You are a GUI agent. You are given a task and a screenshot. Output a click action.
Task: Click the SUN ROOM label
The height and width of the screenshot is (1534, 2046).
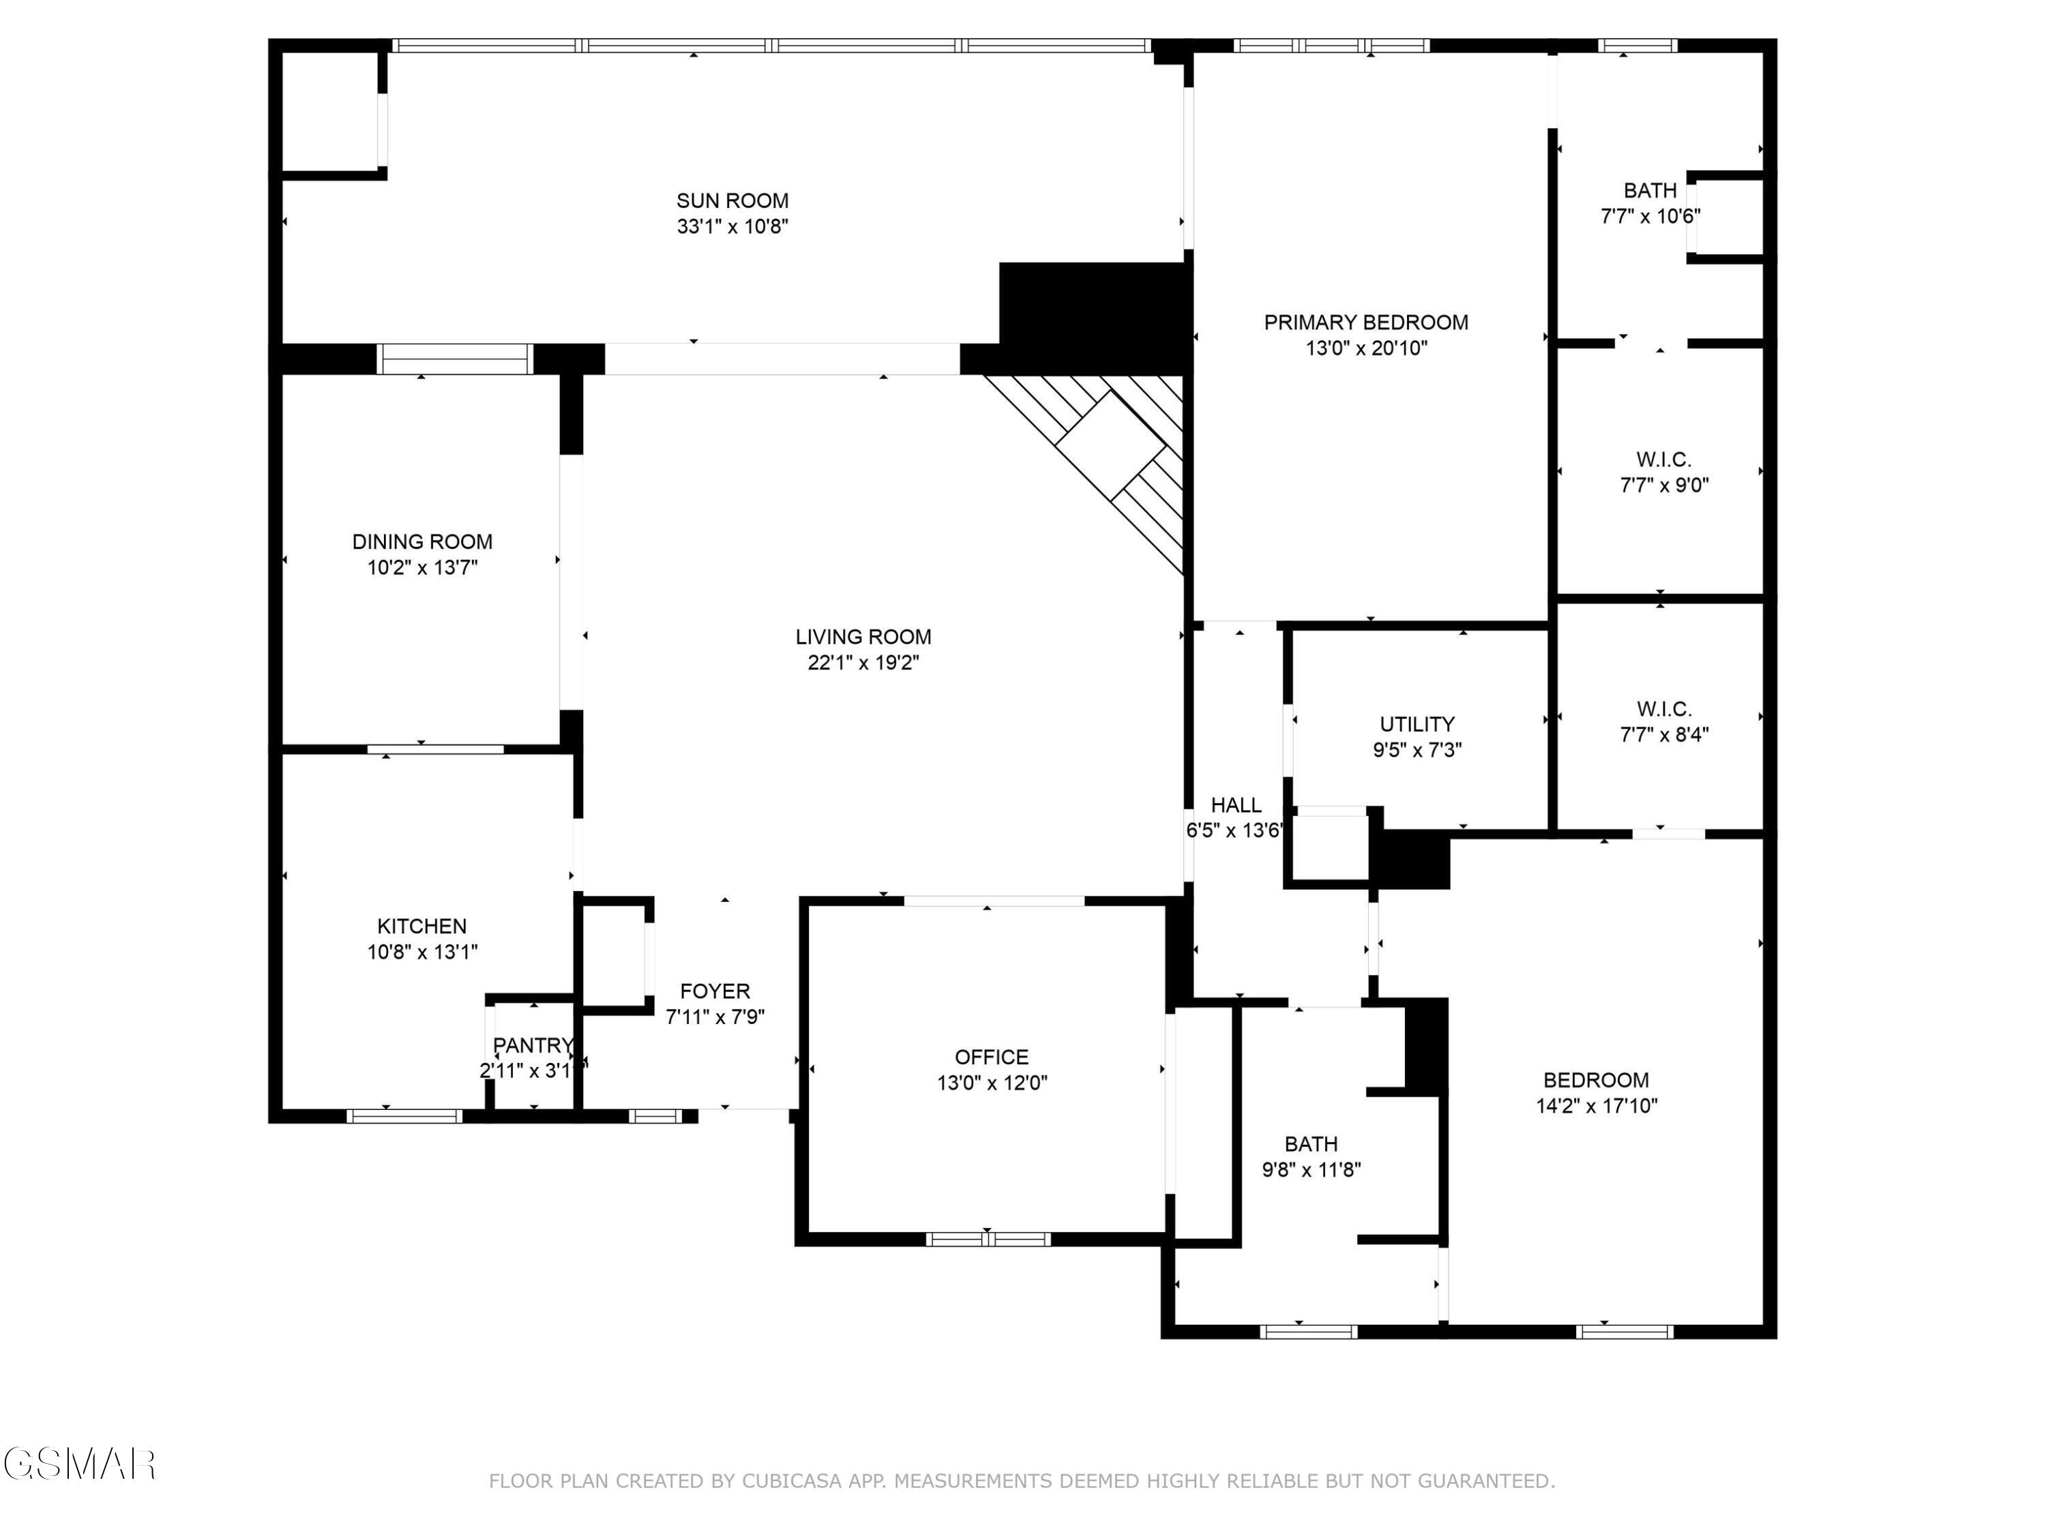tap(732, 200)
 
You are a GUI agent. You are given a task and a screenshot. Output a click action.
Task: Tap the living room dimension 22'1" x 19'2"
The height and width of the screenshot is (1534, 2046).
tap(862, 663)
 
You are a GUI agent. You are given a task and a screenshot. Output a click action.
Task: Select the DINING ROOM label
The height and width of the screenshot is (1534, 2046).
tap(421, 542)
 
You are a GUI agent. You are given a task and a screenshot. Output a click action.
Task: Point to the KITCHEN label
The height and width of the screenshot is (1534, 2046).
tap(421, 926)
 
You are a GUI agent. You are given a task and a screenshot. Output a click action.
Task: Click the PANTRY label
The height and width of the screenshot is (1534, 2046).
tap(533, 1046)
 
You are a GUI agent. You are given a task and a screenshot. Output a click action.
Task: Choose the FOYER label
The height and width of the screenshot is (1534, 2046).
tap(715, 991)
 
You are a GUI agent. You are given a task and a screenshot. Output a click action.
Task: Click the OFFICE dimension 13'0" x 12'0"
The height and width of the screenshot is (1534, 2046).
tap(992, 1083)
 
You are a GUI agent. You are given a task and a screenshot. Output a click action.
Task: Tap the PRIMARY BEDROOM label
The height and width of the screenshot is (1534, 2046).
tap(1365, 322)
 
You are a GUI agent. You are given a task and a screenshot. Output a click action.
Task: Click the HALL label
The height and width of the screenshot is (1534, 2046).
tap(1236, 805)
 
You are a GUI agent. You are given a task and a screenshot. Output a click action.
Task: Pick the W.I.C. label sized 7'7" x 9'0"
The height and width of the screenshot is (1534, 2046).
tap(1663, 460)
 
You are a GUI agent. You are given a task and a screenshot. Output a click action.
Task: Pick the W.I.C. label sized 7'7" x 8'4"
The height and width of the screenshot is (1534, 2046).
tap(1663, 709)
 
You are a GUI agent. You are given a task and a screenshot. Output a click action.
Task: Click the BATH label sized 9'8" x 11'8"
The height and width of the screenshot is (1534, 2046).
tap(1311, 1144)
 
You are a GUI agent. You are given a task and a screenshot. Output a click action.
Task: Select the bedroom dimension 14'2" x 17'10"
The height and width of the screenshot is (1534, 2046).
tap(1597, 1106)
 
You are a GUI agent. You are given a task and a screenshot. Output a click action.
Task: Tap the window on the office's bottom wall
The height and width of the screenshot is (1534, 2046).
tap(988, 1239)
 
